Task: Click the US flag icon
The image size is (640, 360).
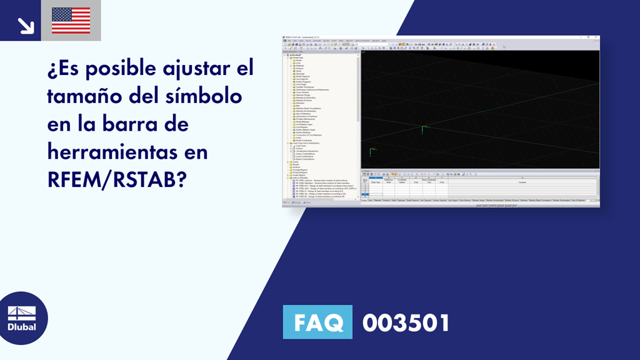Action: tap(71, 20)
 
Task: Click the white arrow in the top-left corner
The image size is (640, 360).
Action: tap(25, 25)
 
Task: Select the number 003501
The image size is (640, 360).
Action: tap(406, 323)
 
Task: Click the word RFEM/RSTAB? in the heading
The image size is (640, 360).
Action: tap(116, 179)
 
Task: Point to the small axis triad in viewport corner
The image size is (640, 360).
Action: tap(371, 151)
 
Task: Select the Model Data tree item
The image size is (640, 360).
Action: tap(298, 57)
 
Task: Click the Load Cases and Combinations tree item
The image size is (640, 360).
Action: tap(307, 144)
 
